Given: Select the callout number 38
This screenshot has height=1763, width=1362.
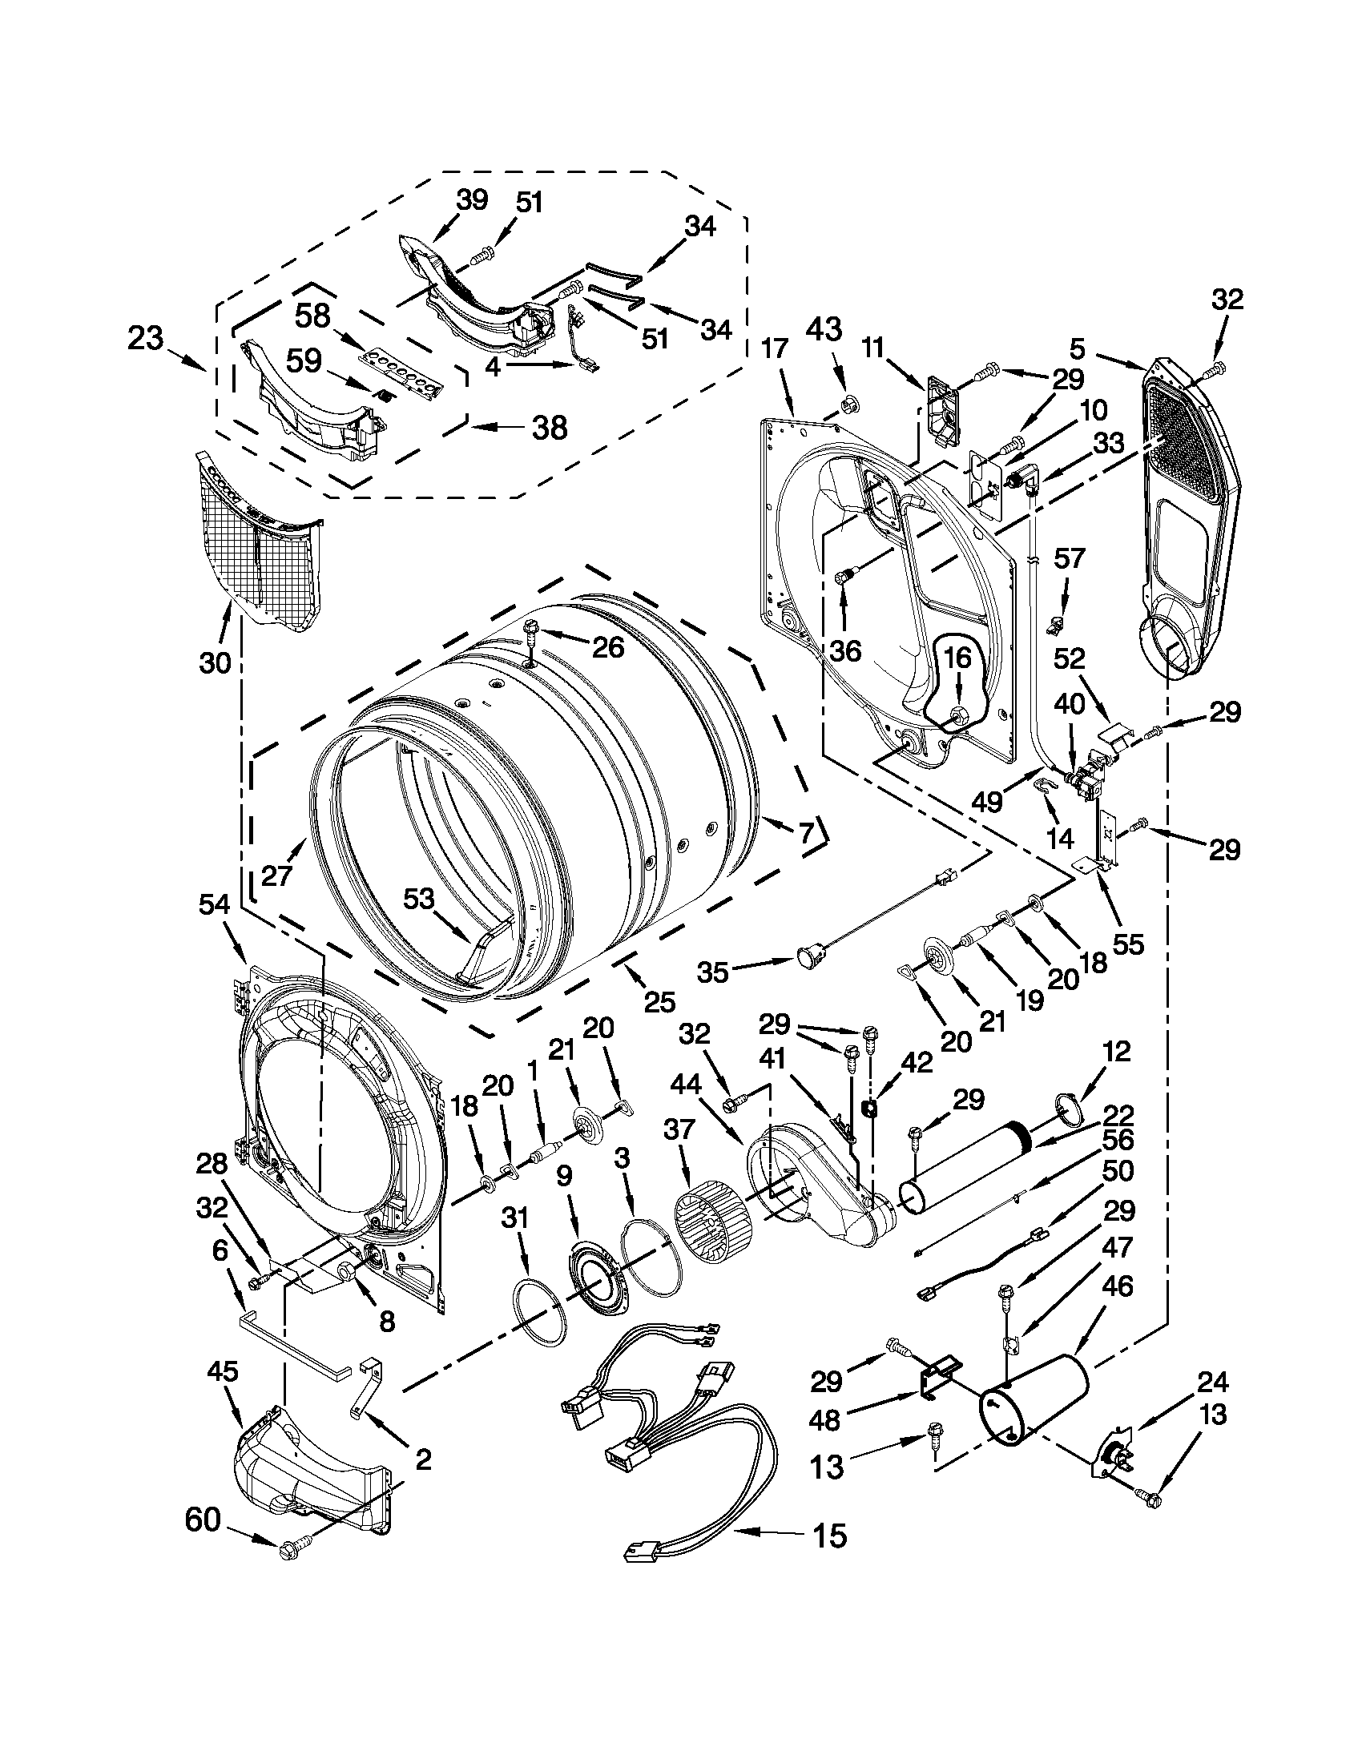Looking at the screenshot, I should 549,426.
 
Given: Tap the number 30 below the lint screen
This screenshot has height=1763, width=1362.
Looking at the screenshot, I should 215,662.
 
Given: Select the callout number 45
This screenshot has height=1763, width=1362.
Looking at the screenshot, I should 223,1371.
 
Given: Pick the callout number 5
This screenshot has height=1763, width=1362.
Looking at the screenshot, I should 1078,350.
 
